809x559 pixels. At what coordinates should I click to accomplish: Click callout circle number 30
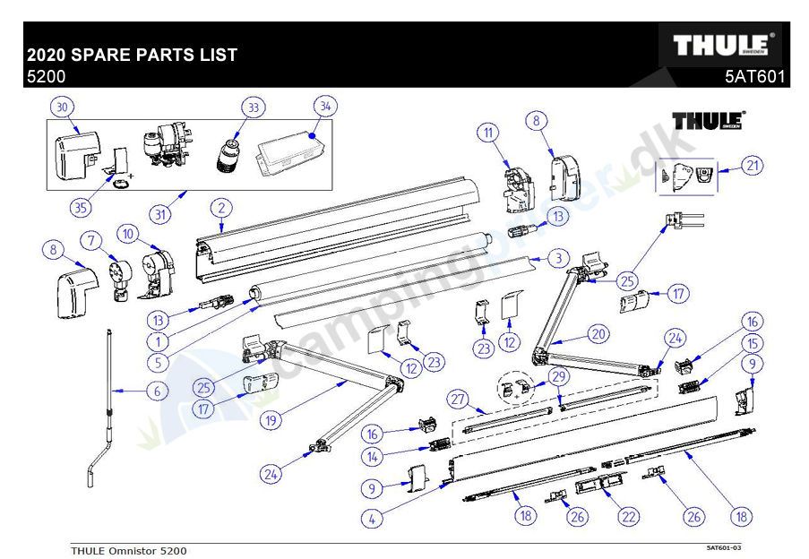(x=61, y=107)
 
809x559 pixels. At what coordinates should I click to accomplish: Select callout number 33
(x=253, y=107)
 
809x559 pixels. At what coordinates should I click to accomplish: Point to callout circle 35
(x=82, y=208)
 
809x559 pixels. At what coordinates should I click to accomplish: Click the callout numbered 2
(x=218, y=208)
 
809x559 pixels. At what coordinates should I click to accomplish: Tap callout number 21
(x=752, y=165)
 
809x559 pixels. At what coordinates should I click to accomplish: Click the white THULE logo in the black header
(x=721, y=45)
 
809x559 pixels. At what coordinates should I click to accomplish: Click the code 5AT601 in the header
(x=754, y=77)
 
